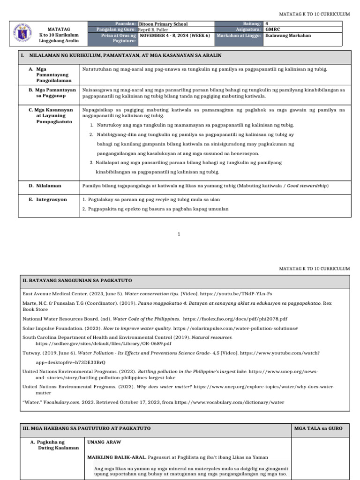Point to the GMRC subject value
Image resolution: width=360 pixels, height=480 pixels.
click(272, 30)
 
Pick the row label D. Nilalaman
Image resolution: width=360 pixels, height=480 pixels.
click(48, 186)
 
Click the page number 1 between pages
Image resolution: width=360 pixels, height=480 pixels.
click(179, 233)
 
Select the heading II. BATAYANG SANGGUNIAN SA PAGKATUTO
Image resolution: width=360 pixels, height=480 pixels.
click(77, 280)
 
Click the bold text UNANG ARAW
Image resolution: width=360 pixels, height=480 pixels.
click(104, 442)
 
